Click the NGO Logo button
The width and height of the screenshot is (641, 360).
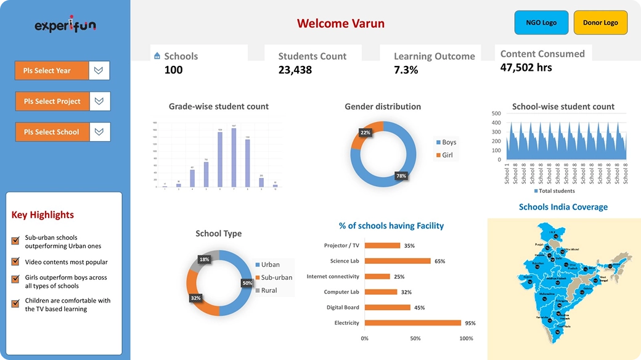tap(541, 23)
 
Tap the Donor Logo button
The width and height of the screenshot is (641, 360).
tap(600, 23)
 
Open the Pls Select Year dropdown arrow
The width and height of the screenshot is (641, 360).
tap(99, 70)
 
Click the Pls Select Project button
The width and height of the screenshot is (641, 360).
tap(52, 101)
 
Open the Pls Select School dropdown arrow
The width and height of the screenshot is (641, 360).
tap(99, 131)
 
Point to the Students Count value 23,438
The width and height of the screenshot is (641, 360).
tap(295, 70)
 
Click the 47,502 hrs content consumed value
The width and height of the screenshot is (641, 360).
tap(526, 67)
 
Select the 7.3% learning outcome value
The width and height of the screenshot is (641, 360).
tap(406, 70)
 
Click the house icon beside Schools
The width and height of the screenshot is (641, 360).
tap(157, 56)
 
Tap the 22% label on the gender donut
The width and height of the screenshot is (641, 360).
tap(365, 133)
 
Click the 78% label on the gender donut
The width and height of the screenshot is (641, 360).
tap(401, 176)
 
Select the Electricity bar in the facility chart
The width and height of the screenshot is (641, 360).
tap(412, 322)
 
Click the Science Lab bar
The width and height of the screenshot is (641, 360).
tap(397, 261)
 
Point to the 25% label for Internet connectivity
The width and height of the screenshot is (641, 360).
tap(399, 277)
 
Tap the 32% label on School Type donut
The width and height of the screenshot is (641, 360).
tap(195, 298)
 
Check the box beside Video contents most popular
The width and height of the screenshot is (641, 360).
tap(15, 262)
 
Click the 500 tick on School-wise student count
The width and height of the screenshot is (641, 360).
tap(496, 113)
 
